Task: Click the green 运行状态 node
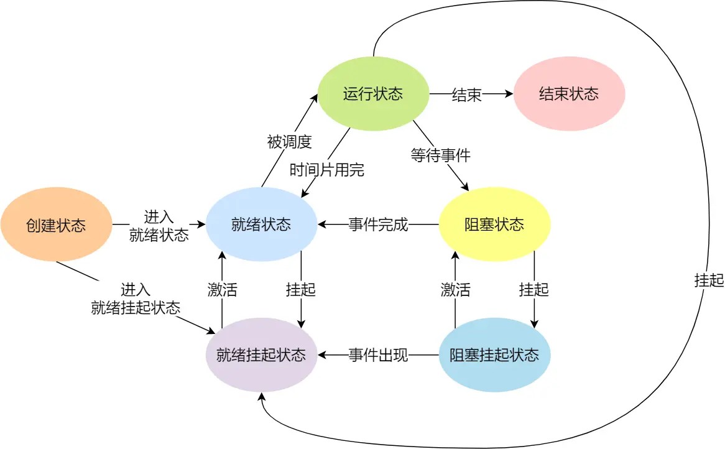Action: click(373, 94)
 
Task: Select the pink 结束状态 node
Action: click(569, 94)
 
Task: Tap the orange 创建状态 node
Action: click(56, 224)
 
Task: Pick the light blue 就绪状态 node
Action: click(261, 224)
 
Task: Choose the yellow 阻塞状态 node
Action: click(494, 224)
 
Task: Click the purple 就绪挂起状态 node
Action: click(261, 355)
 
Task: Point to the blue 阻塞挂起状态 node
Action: click(494, 355)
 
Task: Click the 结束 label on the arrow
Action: click(466, 95)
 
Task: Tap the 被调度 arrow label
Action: click(289, 142)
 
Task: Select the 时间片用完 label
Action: click(327, 169)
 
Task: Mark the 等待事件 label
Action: click(440, 155)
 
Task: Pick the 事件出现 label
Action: click(378, 356)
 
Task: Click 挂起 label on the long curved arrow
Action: click(709, 280)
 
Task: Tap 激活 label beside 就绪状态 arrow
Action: click(222, 290)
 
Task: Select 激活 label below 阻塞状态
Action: click(455, 290)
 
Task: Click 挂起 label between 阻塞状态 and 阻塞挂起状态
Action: click(534, 290)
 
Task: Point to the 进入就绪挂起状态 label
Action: click(136, 299)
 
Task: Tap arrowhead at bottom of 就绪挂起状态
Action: click(263, 397)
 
